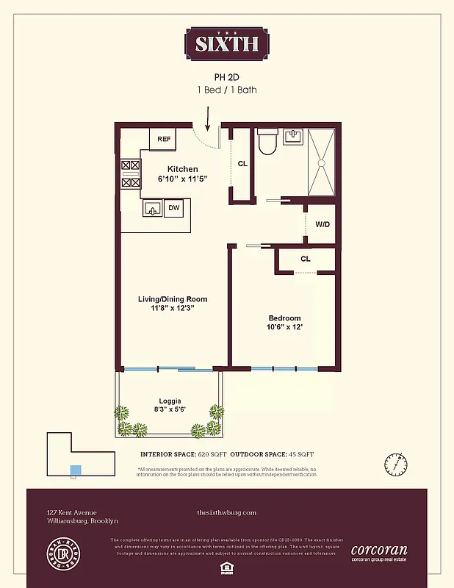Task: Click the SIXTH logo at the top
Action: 226,43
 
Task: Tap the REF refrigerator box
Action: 163,138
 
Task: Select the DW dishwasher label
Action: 174,208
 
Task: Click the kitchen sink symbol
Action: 153,209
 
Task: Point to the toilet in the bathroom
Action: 266,141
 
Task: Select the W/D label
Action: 322,224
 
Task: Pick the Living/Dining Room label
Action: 173,299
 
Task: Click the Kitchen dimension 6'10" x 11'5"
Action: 182,179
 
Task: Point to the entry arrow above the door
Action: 209,118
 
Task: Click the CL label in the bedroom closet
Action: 306,259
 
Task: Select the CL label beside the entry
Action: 242,162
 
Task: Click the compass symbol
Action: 394,465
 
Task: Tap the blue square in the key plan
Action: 74,470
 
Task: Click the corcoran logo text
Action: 378,550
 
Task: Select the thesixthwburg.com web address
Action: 226,512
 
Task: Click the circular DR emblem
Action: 63,556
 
